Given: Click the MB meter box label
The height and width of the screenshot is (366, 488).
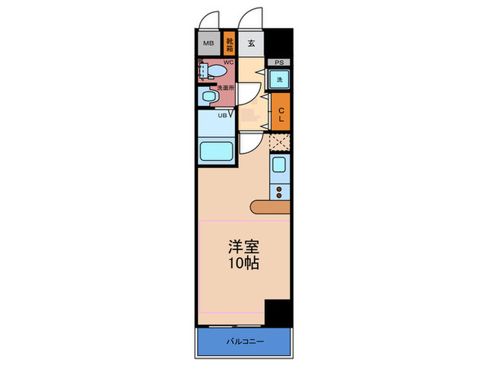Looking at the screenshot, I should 208,44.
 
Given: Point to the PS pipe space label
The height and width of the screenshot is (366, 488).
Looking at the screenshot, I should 280,63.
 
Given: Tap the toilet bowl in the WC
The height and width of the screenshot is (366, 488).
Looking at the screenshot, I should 217,72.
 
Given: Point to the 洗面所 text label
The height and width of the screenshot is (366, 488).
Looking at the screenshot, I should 226,88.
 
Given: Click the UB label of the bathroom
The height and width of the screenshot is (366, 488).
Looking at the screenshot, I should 222,115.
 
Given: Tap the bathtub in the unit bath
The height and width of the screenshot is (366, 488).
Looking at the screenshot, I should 217,151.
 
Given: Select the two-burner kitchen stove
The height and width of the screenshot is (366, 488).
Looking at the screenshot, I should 280,191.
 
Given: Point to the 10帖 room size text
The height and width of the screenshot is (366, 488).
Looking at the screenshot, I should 243,264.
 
